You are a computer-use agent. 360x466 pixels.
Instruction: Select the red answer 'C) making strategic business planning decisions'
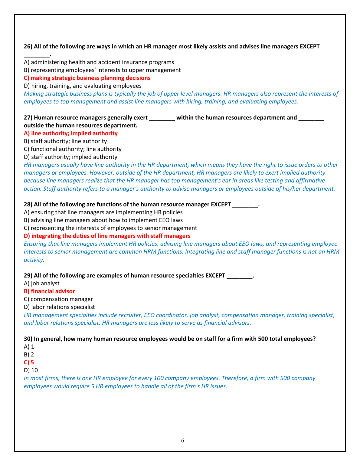point(87,78)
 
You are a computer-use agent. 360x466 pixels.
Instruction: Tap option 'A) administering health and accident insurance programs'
point(99,62)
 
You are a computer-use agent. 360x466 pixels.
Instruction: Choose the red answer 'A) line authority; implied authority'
point(71,133)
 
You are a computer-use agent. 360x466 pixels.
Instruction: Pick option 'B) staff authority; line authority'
point(65,141)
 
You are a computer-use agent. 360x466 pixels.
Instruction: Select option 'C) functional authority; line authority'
point(73,149)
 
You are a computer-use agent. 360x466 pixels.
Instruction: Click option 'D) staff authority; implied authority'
point(70,157)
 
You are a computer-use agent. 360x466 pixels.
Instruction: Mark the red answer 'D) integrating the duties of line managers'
point(107,236)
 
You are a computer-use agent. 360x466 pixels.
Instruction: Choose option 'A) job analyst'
point(42,284)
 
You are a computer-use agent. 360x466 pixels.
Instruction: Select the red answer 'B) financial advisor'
point(49,291)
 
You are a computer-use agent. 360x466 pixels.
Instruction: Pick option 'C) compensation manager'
point(58,299)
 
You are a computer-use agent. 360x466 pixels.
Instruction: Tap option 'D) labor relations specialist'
point(59,307)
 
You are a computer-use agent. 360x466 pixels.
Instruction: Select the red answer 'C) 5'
point(29,363)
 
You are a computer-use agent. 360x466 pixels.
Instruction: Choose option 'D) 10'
point(31,370)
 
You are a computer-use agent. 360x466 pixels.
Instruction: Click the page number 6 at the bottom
point(182,441)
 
